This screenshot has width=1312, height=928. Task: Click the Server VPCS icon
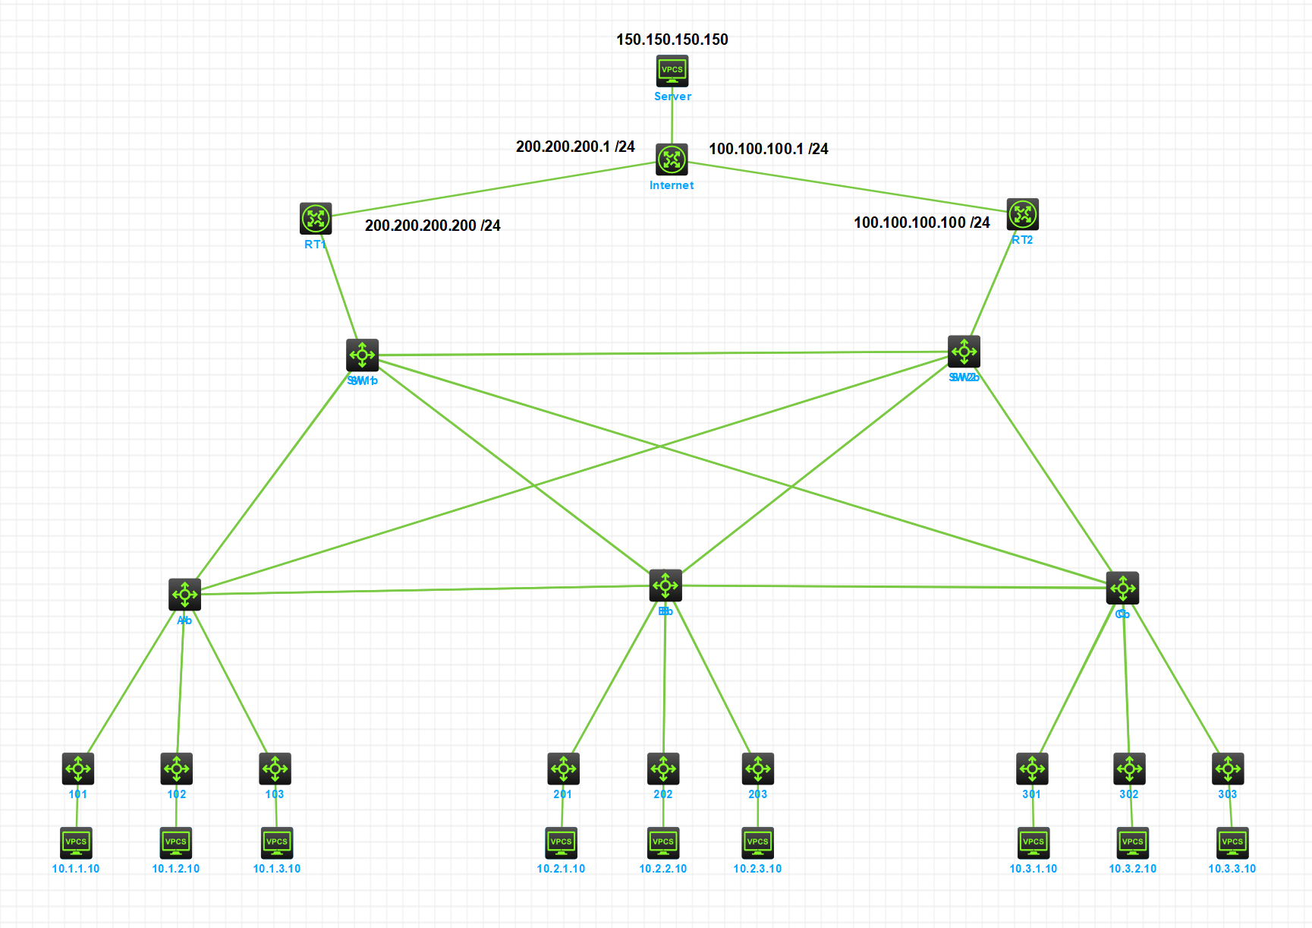point(672,71)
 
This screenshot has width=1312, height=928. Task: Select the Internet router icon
point(672,159)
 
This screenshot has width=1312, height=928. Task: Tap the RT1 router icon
point(316,219)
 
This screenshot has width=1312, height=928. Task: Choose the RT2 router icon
point(1022,214)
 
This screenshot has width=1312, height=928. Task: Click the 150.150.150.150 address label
point(672,39)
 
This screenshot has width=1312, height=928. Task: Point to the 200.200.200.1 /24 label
point(575,147)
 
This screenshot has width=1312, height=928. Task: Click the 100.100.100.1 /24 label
point(768,149)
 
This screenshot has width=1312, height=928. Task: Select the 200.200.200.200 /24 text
point(433,226)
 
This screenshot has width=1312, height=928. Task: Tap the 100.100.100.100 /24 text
point(921,223)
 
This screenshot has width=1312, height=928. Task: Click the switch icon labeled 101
point(78,769)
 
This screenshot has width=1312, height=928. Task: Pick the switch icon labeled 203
point(758,769)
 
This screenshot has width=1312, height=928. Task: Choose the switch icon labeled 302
point(1129,769)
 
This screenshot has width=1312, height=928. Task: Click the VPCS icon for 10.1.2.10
point(176,842)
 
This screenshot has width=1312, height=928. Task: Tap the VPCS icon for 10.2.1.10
point(562,842)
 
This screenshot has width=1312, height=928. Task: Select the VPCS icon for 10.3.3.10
point(1232,842)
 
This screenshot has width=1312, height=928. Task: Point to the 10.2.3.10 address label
point(757,869)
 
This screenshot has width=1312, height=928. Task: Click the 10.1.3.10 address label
point(277,869)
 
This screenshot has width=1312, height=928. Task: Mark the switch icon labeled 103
point(275,769)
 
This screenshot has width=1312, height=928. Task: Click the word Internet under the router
point(672,185)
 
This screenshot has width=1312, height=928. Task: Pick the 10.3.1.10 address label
point(1033,869)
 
